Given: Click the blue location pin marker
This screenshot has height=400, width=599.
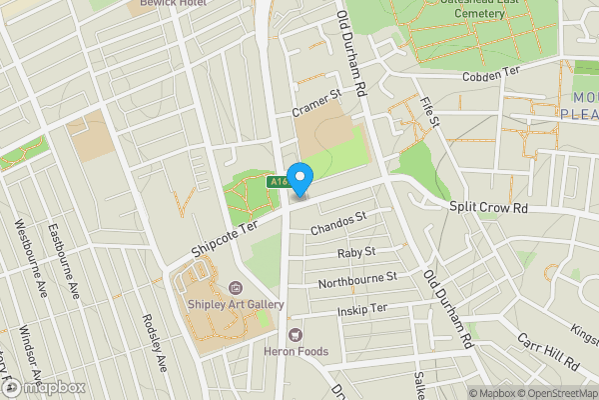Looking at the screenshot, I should point(300,178).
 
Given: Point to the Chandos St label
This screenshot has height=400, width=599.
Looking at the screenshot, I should point(339,222).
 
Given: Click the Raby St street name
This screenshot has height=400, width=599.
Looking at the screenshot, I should point(355,252).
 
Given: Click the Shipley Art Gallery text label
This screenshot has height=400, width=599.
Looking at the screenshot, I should point(235,304).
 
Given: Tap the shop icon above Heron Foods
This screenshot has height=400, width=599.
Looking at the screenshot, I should point(295,333).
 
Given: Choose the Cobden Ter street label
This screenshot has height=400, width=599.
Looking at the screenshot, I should point(493,76).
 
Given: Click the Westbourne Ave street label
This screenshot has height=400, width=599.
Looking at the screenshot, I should point(26,249).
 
